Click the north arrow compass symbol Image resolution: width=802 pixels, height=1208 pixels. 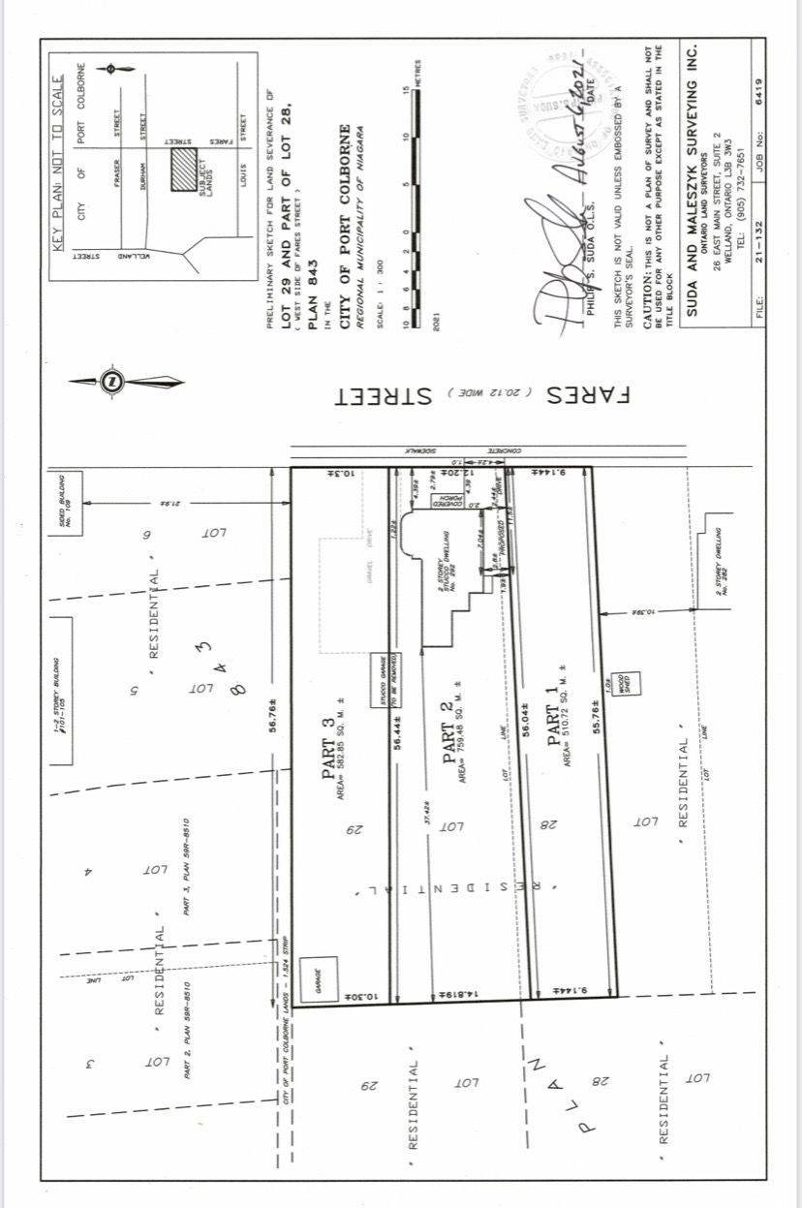[x=112, y=382]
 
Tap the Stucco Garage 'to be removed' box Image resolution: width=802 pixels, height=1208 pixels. [x=383, y=670]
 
